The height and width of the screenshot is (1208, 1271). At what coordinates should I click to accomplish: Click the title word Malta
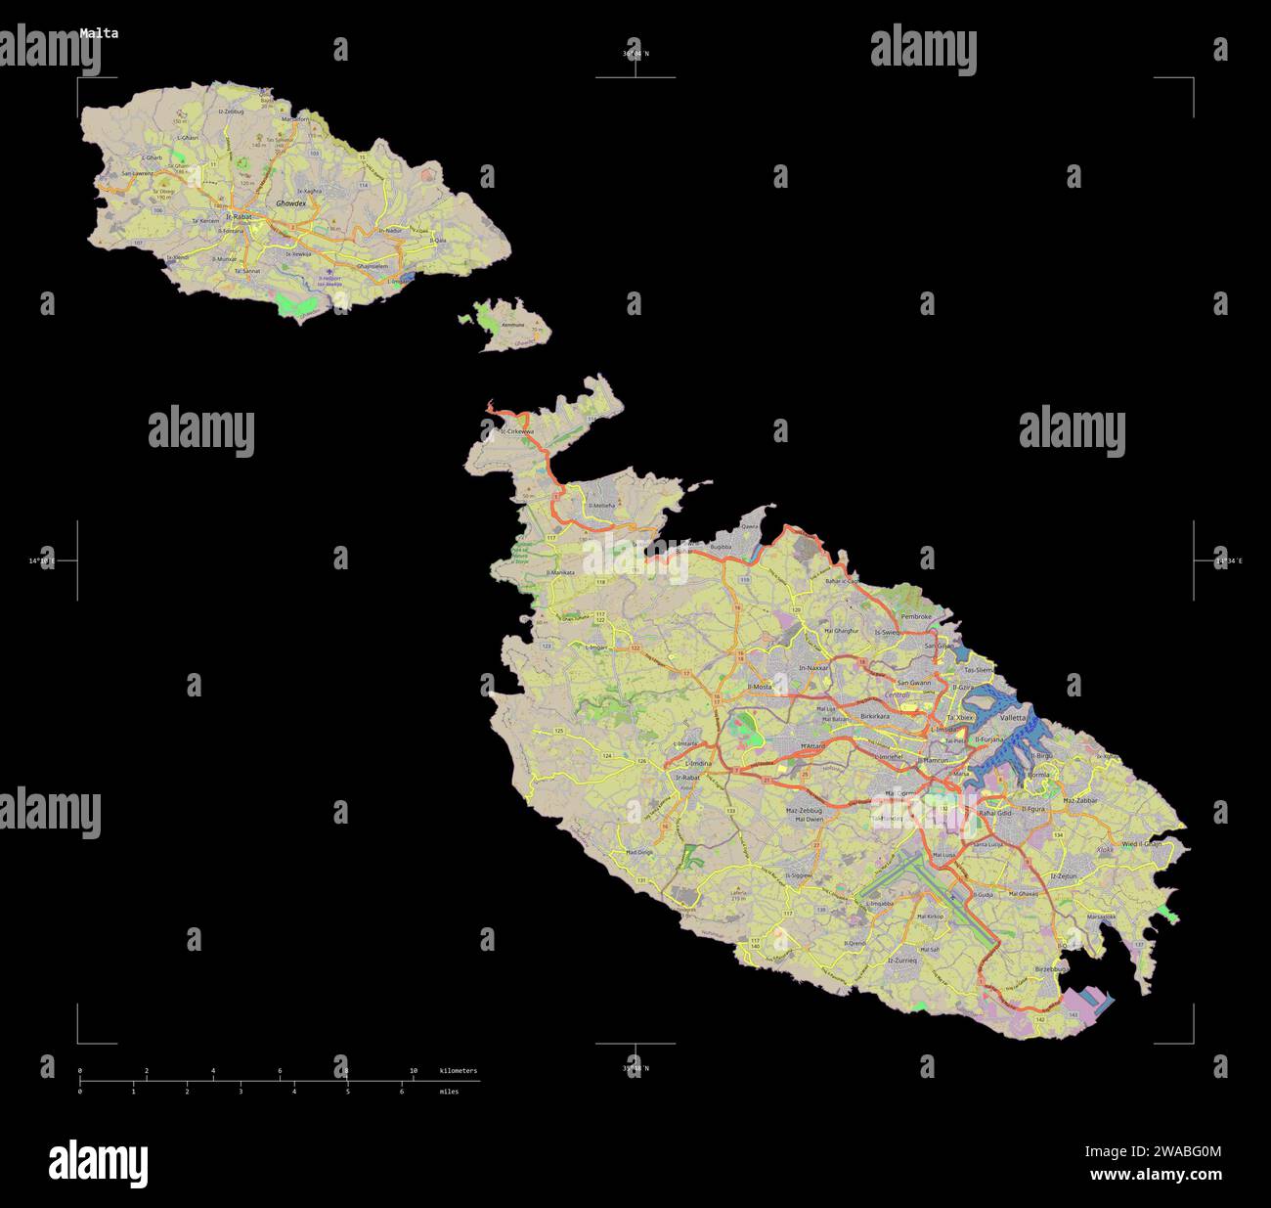(x=99, y=33)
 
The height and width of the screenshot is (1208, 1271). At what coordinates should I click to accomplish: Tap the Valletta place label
(x=1014, y=717)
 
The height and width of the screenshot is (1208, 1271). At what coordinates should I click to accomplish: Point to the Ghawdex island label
(x=290, y=203)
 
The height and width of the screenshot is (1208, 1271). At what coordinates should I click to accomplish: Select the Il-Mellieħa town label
(x=601, y=506)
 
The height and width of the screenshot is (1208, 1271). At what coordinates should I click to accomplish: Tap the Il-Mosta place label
(x=760, y=687)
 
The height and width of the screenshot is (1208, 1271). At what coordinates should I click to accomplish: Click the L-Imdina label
(x=697, y=763)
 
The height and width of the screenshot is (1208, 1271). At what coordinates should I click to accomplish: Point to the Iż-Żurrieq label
(x=902, y=961)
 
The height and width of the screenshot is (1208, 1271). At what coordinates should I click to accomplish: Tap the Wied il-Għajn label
(x=1142, y=842)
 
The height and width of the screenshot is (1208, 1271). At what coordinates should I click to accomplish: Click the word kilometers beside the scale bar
(x=459, y=1071)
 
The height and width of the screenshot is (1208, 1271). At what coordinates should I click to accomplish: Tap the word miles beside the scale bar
(x=449, y=1092)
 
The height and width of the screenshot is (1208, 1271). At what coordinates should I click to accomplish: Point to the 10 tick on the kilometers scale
(x=414, y=1071)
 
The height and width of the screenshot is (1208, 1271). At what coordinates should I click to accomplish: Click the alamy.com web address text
(x=1156, y=1175)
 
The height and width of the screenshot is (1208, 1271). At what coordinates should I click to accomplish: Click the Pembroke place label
(x=916, y=617)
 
